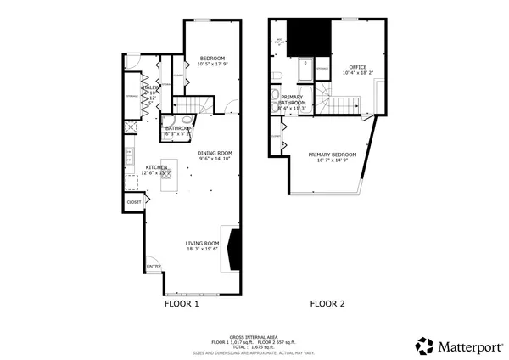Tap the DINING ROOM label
215,153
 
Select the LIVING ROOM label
203,243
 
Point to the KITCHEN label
155,167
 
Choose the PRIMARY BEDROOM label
332,155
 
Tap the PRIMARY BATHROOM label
292,101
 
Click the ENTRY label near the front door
154,267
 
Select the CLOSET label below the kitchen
134,202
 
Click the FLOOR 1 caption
181,303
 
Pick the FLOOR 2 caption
327,303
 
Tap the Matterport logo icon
424,346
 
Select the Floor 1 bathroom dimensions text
178,134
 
